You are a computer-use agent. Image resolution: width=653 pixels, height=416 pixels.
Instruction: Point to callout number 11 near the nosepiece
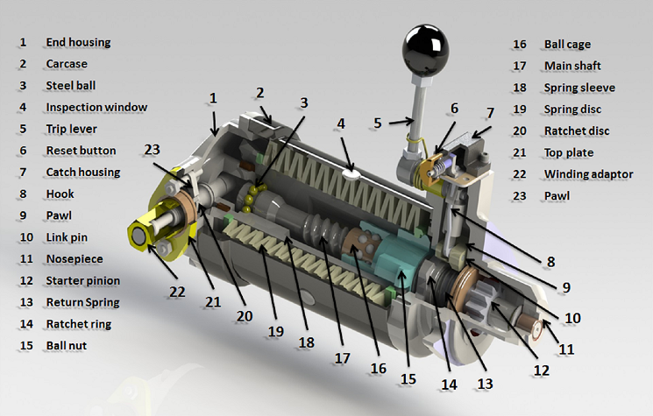pos(566,349)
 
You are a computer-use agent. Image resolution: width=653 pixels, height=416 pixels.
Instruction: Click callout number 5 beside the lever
pos(378,123)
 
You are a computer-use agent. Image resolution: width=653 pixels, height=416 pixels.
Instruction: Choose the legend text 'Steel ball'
pos(71,86)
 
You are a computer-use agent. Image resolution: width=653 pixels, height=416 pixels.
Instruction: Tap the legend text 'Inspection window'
pos(96,108)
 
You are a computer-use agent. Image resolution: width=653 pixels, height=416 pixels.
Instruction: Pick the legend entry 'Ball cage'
pos(567,44)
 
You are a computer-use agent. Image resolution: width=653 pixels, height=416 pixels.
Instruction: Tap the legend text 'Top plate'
pos(569,152)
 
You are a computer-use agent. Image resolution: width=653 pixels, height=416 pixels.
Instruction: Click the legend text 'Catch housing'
pos(83,173)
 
